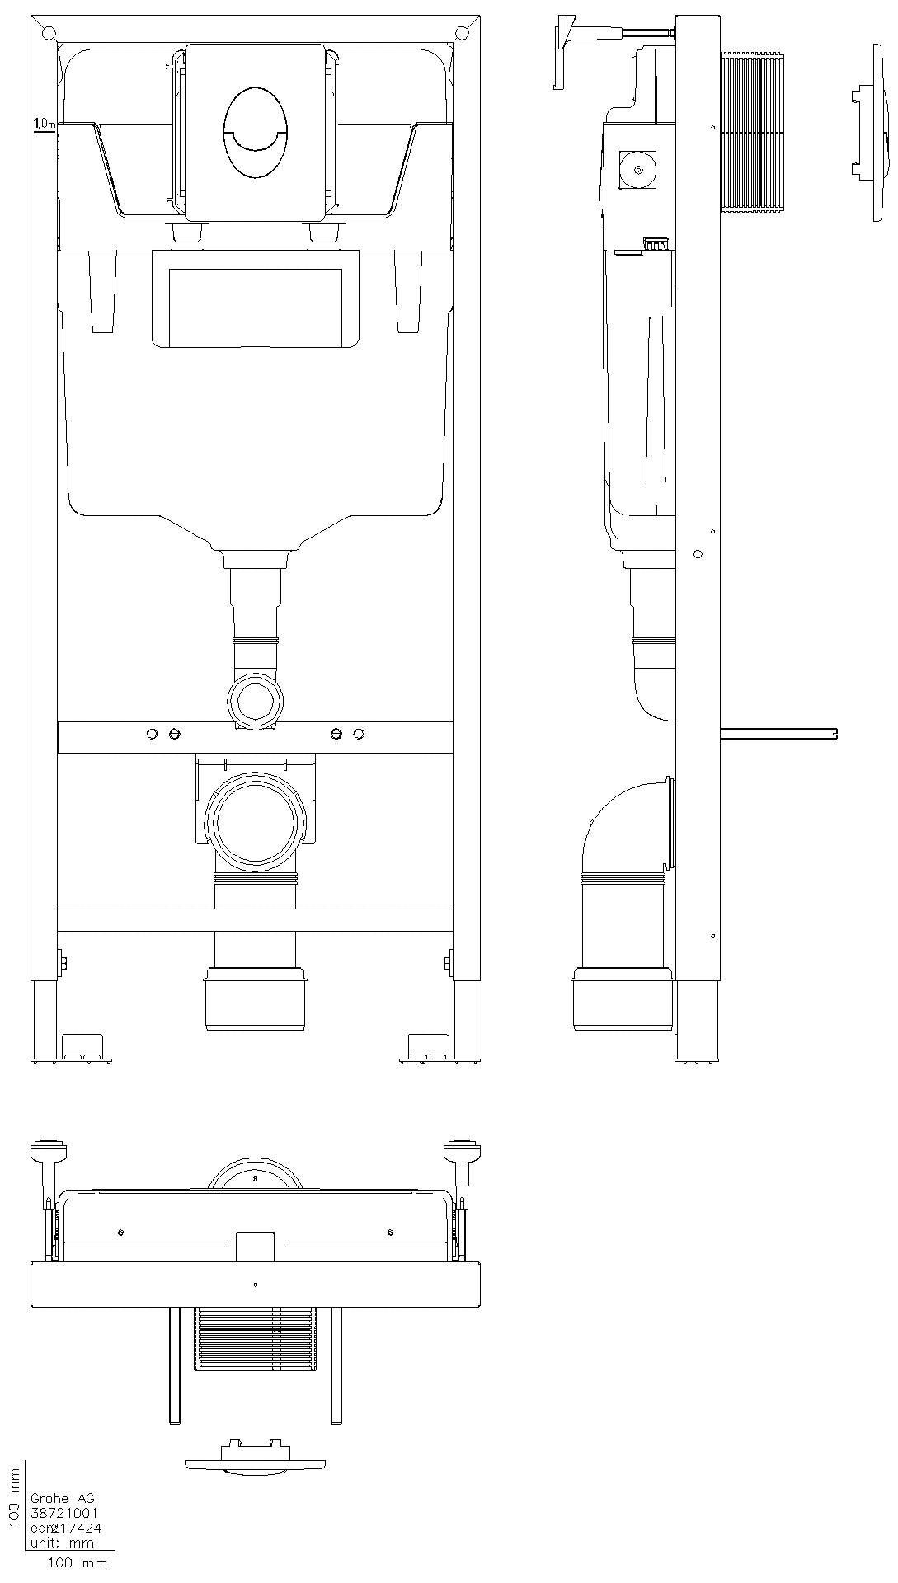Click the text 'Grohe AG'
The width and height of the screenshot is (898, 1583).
coord(62,1498)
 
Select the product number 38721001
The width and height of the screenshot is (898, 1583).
coord(64,1513)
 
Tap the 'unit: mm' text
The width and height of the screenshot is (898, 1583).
coord(62,1543)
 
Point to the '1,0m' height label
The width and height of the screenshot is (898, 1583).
coord(45,124)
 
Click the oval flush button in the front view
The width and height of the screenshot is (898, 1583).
coord(256,132)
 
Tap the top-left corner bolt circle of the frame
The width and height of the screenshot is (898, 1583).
coord(49,33)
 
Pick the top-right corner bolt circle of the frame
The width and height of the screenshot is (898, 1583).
coord(463,33)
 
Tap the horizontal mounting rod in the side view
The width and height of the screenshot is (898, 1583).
coord(778,732)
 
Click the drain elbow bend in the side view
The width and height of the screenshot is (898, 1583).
coord(623,824)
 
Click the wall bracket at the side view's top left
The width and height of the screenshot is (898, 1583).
coord(569,49)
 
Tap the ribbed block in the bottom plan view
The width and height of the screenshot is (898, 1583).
coord(256,1338)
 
